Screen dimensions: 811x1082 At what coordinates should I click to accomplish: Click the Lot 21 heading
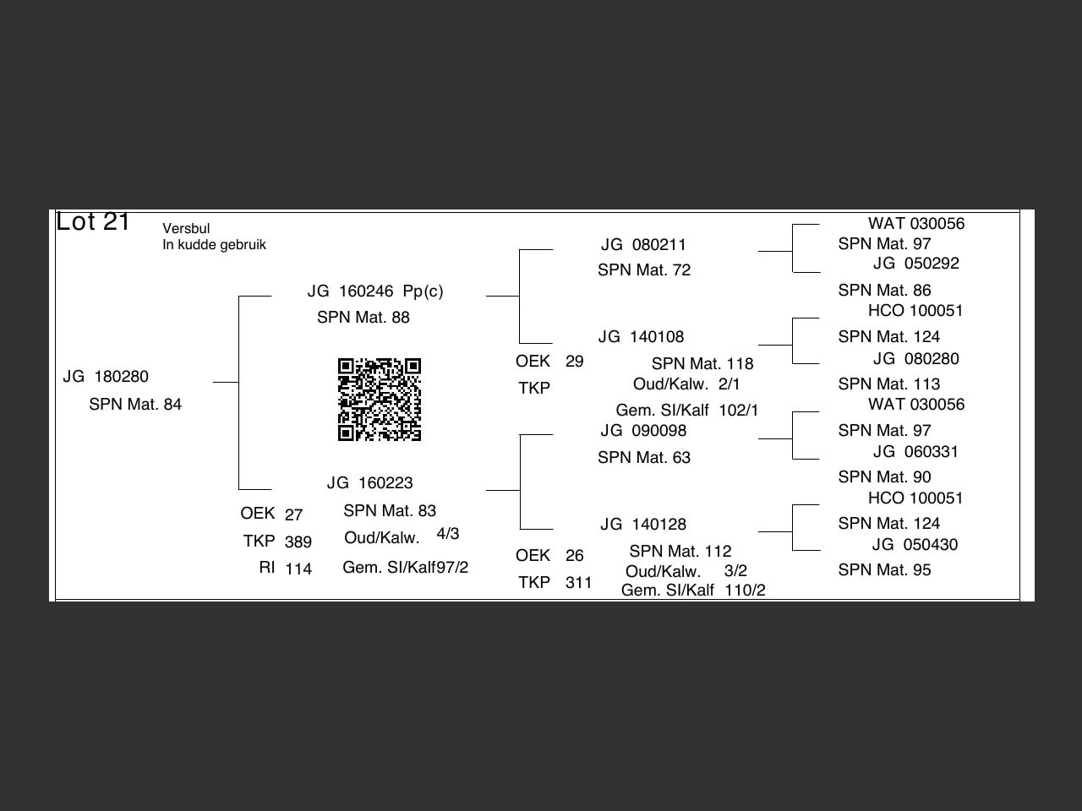click(x=93, y=222)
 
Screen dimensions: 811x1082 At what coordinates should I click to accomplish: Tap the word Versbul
click(x=186, y=229)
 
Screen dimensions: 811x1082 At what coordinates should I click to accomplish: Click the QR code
click(x=380, y=400)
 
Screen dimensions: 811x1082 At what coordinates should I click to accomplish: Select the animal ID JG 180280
click(x=106, y=377)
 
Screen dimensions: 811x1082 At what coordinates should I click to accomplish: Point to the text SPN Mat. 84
click(x=135, y=405)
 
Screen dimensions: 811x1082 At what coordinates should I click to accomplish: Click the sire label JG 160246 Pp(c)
click(x=375, y=291)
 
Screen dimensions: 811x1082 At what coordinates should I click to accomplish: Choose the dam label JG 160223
click(x=370, y=483)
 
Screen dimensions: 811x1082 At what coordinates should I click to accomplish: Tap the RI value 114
click(x=298, y=569)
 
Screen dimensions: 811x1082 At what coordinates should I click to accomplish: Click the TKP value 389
click(x=298, y=542)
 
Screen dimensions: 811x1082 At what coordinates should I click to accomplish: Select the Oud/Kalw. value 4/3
click(x=448, y=534)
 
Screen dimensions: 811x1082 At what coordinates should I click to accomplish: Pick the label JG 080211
click(x=643, y=245)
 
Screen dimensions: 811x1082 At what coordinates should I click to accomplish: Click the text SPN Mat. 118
click(x=702, y=364)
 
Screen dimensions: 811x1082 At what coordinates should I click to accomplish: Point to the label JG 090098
click(x=643, y=431)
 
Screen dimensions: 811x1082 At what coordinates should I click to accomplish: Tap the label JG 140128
click(x=643, y=525)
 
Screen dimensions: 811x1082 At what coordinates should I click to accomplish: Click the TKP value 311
click(x=579, y=583)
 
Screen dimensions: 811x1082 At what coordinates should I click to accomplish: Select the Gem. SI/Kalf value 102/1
click(x=739, y=411)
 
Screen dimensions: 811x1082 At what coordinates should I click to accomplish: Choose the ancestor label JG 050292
click(x=916, y=264)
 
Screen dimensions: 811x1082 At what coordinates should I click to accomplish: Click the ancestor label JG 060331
click(x=916, y=452)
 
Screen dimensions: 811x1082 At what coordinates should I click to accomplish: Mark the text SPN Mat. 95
click(x=884, y=570)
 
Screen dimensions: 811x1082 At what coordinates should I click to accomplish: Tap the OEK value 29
click(x=575, y=362)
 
